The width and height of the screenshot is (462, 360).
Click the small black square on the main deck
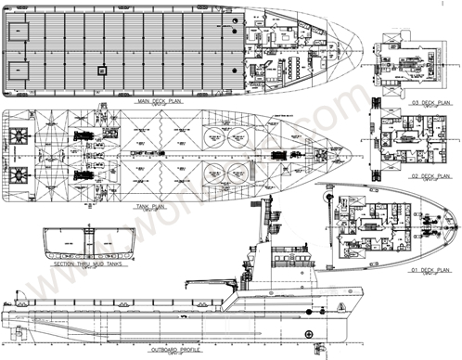click(x=103, y=69)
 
